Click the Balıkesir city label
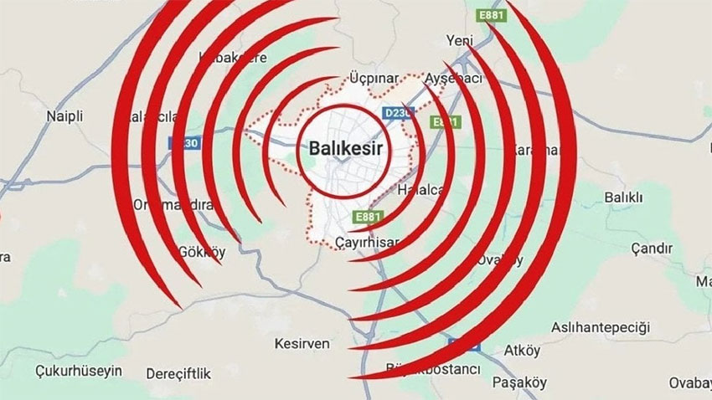[341, 148]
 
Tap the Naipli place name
[65, 116]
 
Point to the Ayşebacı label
[455, 78]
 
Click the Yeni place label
[460, 40]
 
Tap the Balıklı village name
[622, 197]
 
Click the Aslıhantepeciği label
[601, 326]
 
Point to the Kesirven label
[302, 344]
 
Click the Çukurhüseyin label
[74, 369]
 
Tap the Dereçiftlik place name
[178, 372]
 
